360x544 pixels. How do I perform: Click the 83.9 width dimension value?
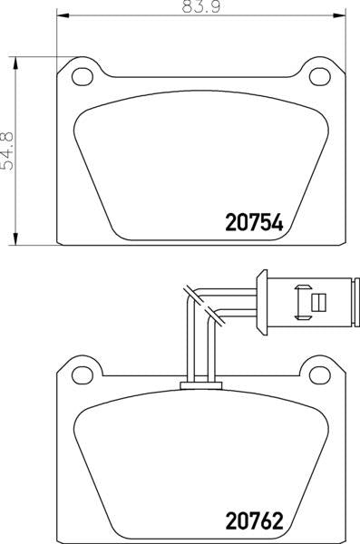pos(201,7)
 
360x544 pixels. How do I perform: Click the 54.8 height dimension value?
pos(7,151)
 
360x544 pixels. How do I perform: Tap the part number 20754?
pos(255,223)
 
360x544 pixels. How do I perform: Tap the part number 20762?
pos(255,520)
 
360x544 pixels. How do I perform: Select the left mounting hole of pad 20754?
pos(83,77)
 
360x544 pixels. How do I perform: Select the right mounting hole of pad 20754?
pos(320,77)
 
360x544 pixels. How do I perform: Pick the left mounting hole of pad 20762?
pos(83,375)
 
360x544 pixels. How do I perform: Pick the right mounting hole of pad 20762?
pos(320,375)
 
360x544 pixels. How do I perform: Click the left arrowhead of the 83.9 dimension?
pos(63,15)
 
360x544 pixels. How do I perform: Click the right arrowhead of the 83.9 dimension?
pos(339,15)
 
